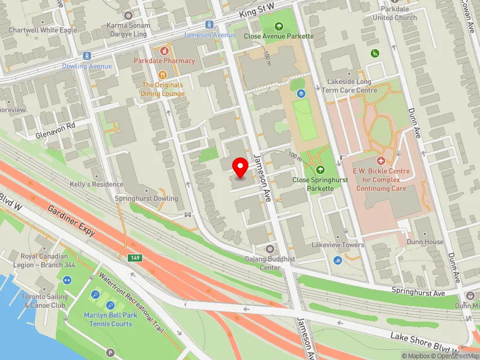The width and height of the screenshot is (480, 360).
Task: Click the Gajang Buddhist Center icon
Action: click(269, 249)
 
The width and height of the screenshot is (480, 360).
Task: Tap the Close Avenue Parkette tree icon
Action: click(278, 26)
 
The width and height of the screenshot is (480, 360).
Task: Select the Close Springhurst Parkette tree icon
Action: click(319, 169)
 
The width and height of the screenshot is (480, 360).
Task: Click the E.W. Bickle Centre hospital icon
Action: click(380, 161)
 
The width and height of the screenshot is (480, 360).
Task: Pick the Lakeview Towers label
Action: click(338, 245)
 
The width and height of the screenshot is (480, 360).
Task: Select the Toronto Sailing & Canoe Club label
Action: click(44, 301)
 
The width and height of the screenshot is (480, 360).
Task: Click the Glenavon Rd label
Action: click(55, 126)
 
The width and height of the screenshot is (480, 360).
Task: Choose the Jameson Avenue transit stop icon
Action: click(209, 25)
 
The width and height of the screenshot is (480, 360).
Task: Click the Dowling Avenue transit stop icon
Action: click(86, 55)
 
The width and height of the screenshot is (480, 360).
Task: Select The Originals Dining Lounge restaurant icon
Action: click(163, 74)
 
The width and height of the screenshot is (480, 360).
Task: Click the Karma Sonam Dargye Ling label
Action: click(127, 30)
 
